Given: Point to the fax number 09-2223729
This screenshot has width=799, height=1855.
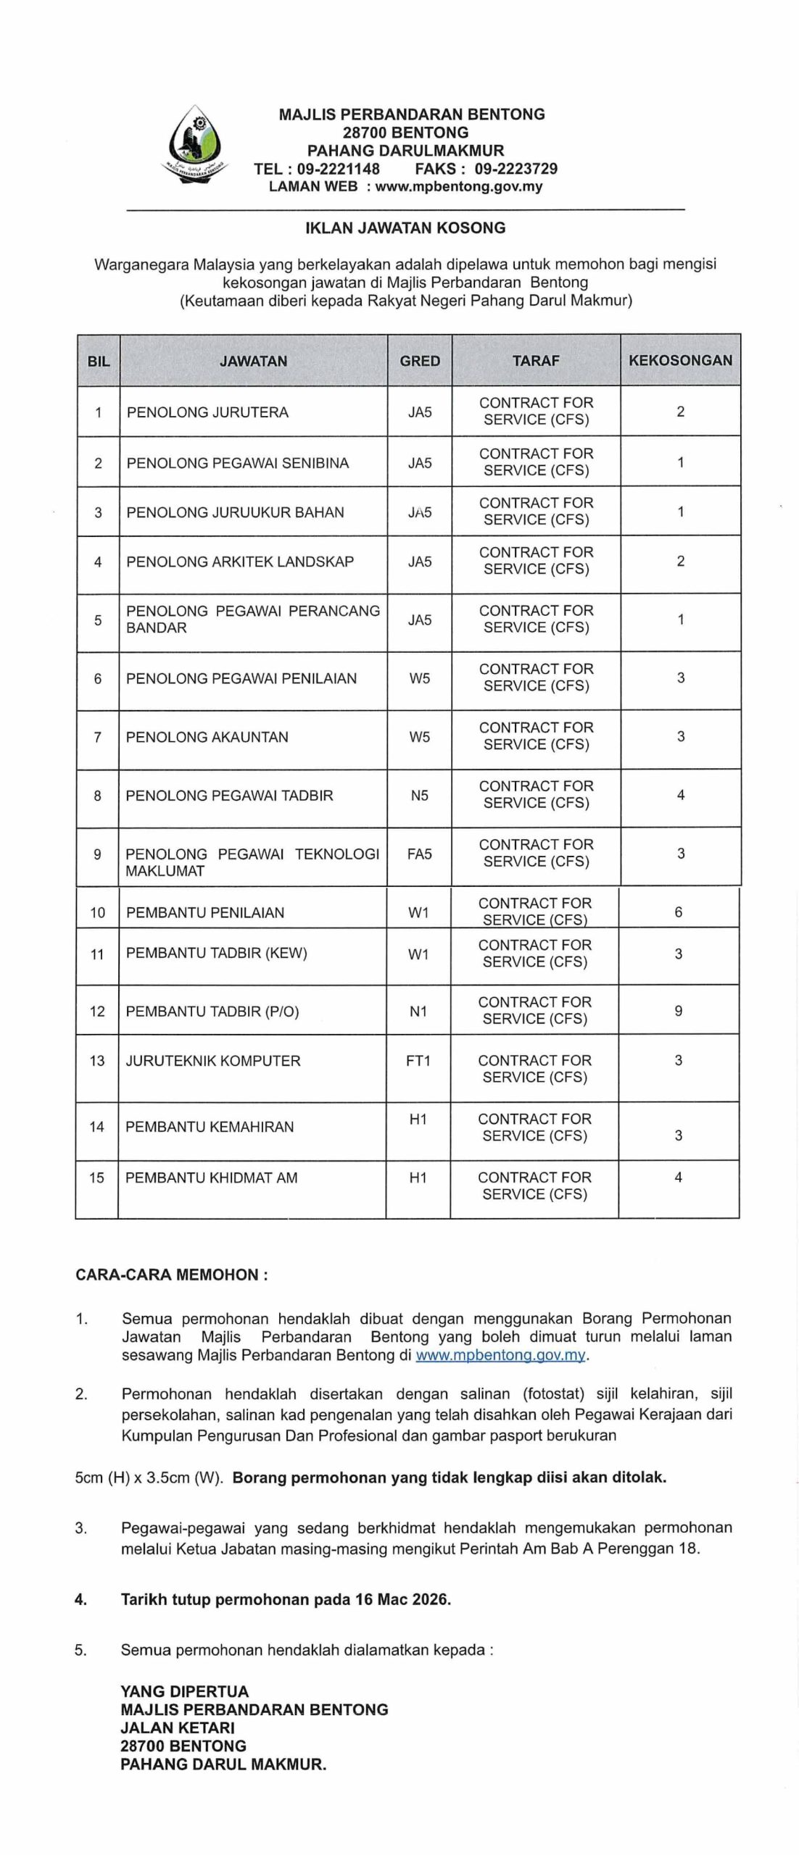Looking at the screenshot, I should (x=516, y=169).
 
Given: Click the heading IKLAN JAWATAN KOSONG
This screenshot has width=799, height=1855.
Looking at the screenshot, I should (x=405, y=228).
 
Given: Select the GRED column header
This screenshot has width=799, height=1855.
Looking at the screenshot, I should (x=420, y=360).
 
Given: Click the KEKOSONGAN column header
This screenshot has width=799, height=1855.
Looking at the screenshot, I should (x=680, y=360).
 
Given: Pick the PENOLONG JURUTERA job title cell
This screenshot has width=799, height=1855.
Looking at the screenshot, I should (x=207, y=412).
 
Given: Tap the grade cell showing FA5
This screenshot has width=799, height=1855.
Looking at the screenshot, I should (x=419, y=854).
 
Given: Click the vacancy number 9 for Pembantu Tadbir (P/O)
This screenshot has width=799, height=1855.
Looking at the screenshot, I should (x=679, y=1011).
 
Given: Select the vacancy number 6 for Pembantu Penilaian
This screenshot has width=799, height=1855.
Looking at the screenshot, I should (x=679, y=912).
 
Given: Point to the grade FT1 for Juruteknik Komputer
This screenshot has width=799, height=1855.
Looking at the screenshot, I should (x=418, y=1061).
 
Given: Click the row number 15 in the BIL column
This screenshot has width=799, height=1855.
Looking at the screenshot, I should (x=97, y=1177).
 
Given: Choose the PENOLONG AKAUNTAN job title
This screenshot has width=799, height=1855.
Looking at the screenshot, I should (x=207, y=737).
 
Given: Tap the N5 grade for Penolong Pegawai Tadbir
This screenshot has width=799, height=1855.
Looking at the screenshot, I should (x=419, y=796).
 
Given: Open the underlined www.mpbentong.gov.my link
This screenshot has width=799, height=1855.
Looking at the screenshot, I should (x=500, y=1355).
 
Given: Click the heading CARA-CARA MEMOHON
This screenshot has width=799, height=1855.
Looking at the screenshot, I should (x=171, y=1275).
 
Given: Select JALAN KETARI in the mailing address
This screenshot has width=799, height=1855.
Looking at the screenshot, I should (x=178, y=1727).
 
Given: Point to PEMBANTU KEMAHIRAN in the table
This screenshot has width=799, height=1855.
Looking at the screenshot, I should (x=210, y=1127).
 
